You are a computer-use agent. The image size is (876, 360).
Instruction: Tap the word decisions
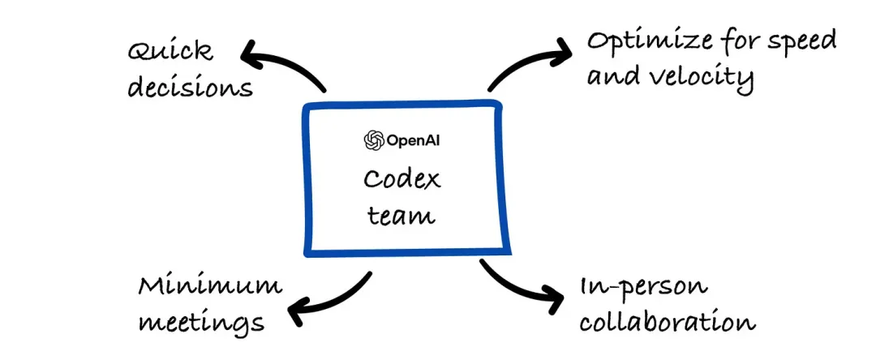(189, 85)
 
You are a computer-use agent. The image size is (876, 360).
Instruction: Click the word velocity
(702, 78)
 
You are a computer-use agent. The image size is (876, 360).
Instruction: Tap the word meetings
(201, 321)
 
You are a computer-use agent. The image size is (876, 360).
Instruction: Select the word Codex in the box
(402, 178)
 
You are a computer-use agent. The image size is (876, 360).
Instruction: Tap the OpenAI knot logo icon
(373, 140)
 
